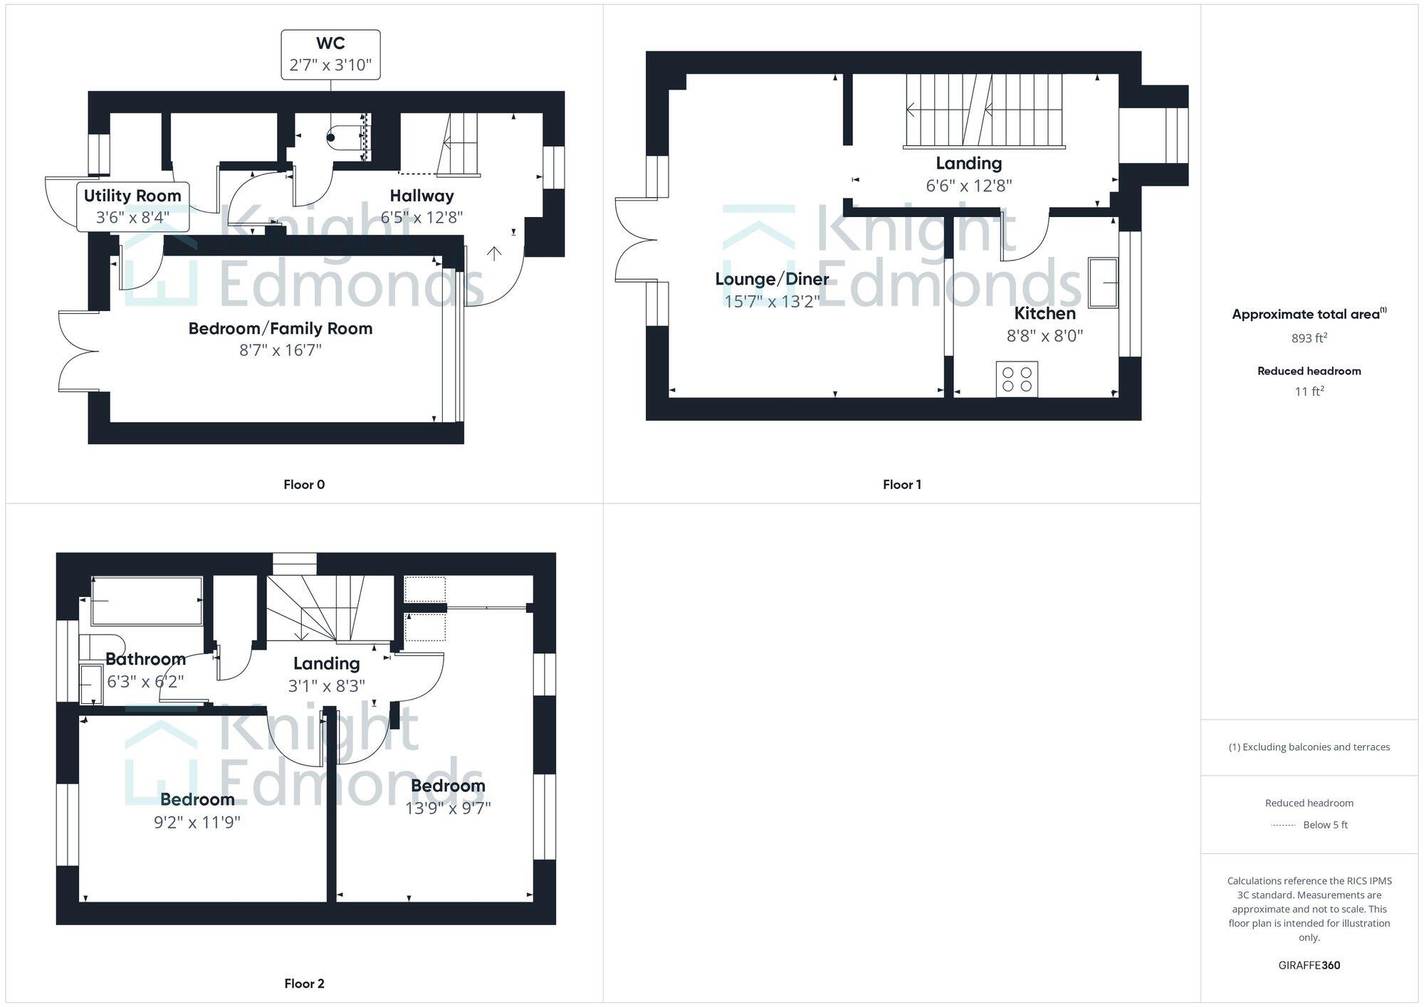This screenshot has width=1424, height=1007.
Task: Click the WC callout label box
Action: coord(330,54)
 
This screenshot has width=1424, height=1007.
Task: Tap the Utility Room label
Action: coord(132,196)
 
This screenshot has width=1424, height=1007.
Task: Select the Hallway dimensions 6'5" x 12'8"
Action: coord(422,217)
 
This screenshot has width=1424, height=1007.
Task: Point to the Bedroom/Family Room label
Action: coord(280,328)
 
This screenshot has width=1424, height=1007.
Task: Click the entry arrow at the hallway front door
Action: coord(494,253)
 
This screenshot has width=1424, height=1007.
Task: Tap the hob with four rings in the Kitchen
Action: coord(1017,379)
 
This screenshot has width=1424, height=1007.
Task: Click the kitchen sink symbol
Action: coord(1103,283)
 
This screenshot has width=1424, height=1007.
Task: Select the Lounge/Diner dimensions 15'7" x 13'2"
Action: coord(772,301)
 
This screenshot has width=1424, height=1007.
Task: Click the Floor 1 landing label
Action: coord(968,163)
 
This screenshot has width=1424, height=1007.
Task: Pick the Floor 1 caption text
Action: coord(901,485)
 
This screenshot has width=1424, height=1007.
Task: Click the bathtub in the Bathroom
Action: coord(147,601)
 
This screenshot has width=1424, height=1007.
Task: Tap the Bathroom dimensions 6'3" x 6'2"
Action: coord(145,681)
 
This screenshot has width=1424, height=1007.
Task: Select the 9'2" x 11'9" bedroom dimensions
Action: coord(197,822)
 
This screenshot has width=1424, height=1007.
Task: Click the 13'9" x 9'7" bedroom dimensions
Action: coord(448,808)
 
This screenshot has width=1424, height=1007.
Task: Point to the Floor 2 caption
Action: coord(304,984)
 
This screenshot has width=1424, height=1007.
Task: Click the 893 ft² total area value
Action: coord(1309,338)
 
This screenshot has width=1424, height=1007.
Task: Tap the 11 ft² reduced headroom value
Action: coord(1309,391)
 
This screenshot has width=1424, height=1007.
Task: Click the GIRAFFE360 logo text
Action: coord(1309,965)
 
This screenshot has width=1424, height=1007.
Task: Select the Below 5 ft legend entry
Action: coord(1324,825)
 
